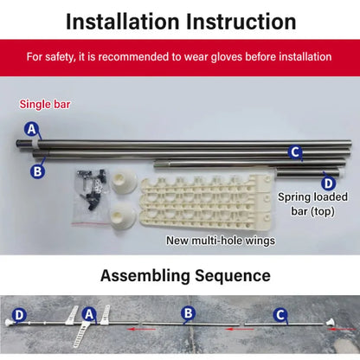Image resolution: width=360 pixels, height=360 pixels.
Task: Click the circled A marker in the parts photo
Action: [32, 130]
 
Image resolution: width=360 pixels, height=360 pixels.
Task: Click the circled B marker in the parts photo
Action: [37, 171]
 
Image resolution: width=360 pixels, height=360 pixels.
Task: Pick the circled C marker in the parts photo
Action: [295, 152]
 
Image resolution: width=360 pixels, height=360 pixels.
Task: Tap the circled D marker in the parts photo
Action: [327, 182]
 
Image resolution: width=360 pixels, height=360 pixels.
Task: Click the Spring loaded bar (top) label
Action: [312, 203]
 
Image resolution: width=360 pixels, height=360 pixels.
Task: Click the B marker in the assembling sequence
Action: [187, 313]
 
